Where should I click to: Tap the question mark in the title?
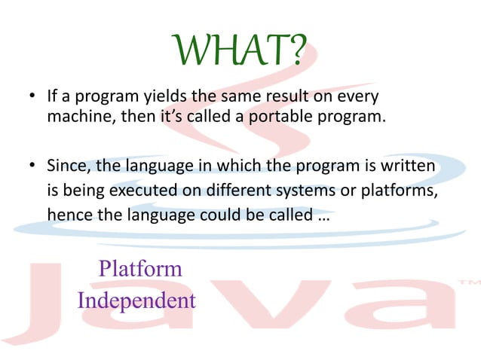296,50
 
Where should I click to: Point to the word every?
354,96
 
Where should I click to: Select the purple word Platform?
140,268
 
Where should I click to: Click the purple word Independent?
136,301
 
